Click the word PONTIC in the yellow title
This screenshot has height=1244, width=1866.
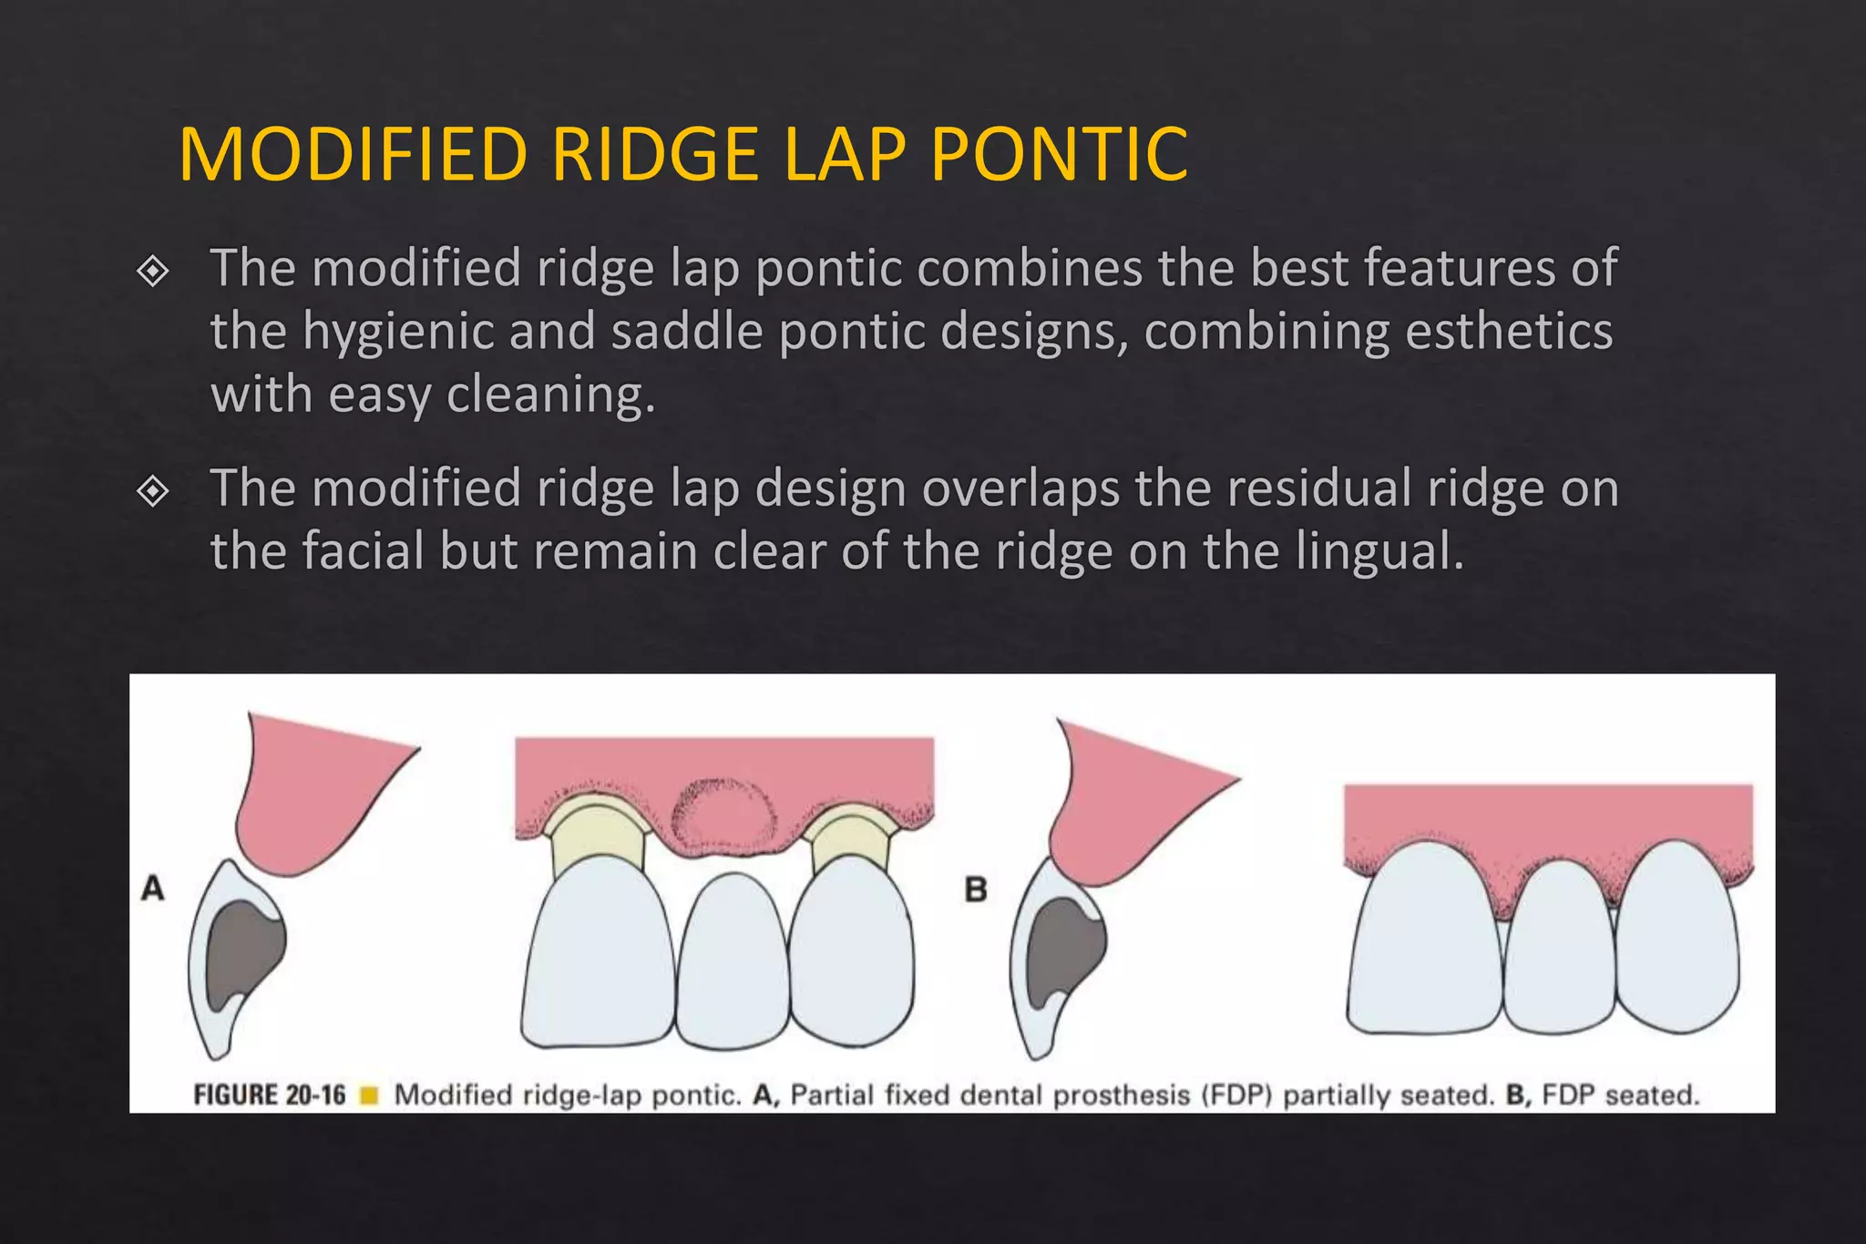[1059, 154]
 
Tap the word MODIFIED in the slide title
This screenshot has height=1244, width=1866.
[354, 154]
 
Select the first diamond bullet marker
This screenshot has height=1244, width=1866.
[152, 271]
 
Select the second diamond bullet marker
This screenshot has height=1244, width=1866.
[152, 491]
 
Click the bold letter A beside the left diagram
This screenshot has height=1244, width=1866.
[153, 888]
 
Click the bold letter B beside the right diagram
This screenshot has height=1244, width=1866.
[976, 889]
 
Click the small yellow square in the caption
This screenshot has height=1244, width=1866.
[369, 1095]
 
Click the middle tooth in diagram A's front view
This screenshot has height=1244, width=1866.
[732, 961]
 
